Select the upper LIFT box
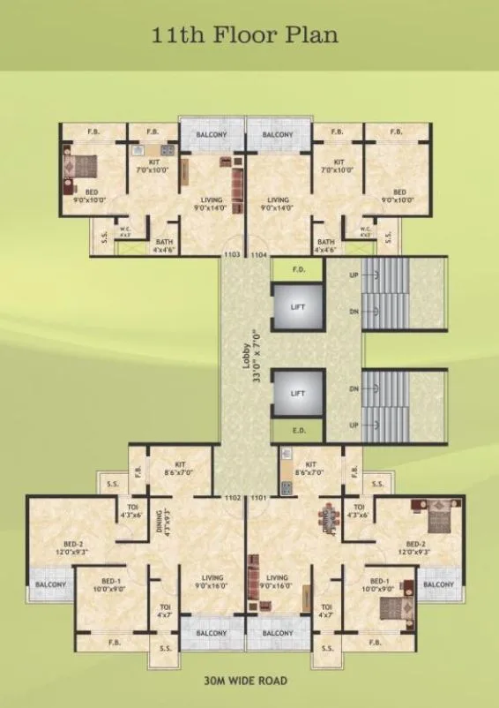pos(297,306)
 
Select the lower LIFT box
pos(297,391)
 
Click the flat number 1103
pos(232,254)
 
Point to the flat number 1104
pos(258,254)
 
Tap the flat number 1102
pos(233,498)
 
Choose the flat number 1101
pos(258,498)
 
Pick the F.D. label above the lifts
pos(298,270)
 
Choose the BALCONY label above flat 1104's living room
pos(277,135)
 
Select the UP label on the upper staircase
pos(354,275)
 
